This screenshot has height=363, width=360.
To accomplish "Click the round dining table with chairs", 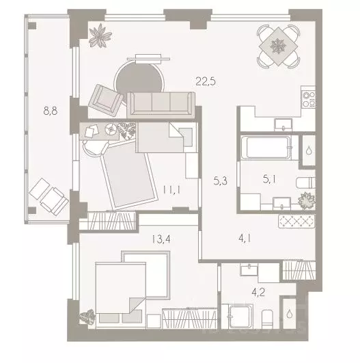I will click(279, 45).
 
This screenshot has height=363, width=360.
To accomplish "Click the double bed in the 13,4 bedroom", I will click(127, 286).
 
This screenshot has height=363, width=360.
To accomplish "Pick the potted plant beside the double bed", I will click(87, 317).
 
